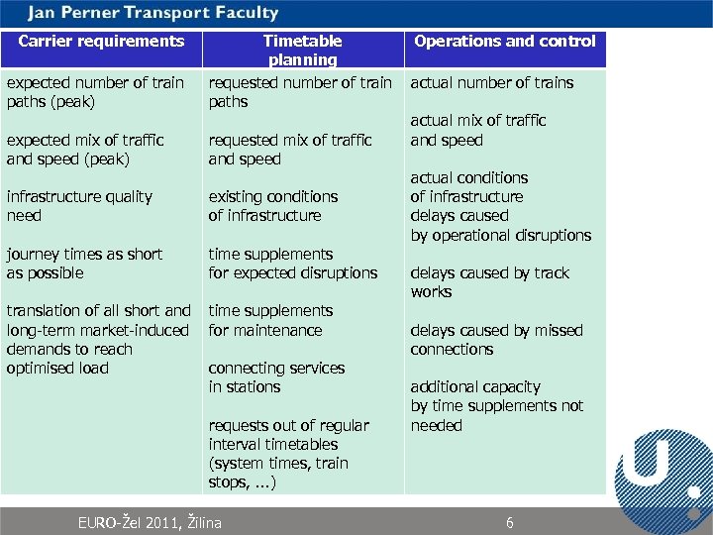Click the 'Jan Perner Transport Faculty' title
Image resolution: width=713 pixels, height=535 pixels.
(153, 13)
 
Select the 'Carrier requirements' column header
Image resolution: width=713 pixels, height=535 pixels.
(101, 42)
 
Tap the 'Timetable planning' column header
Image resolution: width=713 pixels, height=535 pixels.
(302, 51)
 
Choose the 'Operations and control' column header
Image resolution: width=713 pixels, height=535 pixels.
(505, 42)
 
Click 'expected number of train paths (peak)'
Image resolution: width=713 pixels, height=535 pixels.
(95, 92)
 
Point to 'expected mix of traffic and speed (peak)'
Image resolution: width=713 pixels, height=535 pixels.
(85, 150)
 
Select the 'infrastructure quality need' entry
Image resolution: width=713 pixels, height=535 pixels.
(79, 206)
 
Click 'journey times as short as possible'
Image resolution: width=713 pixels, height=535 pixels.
(84, 264)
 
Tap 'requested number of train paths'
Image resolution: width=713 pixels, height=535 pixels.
(300, 92)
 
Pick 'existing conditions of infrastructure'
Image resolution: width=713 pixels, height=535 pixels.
(272, 206)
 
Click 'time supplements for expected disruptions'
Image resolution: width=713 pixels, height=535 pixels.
(292, 264)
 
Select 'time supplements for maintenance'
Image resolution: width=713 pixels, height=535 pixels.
(269, 321)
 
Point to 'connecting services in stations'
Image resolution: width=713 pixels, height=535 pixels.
(276, 377)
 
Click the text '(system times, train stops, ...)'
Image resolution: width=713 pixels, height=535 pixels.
(277, 473)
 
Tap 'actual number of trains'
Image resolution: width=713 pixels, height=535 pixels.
(492, 83)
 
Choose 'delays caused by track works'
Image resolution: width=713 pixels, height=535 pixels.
(489, 282)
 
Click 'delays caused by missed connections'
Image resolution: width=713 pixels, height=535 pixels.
(496, 340)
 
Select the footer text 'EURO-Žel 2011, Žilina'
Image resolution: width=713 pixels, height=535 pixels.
(150, 522)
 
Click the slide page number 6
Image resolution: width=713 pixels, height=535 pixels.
(510, 522)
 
